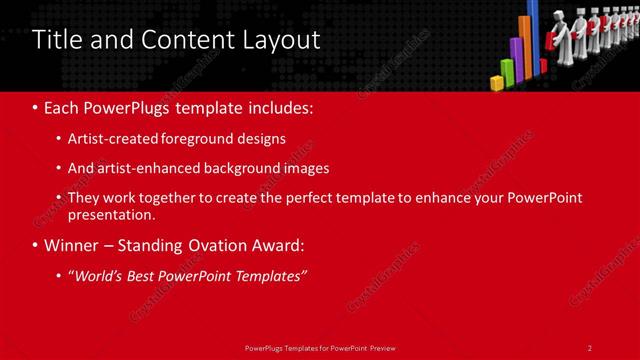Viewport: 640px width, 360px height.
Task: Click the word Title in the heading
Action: pos(56,40)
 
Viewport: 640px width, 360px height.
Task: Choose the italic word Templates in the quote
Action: pos(267,276)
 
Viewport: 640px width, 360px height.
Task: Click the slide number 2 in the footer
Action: pos(589,347)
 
